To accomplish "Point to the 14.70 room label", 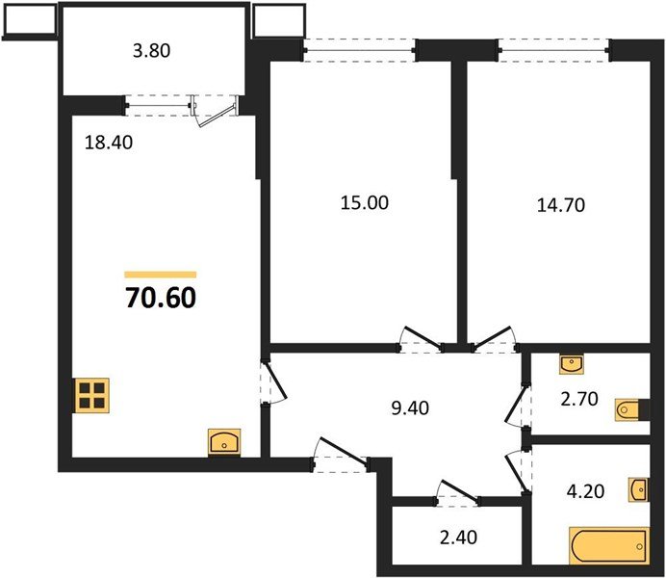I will point(560,204).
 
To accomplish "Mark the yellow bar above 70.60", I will point(160,275).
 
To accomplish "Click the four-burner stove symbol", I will point(92,396).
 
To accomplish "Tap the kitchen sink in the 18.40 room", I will point(224,441).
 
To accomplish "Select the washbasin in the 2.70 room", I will point(570,364).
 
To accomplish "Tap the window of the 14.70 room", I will point(554,44).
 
